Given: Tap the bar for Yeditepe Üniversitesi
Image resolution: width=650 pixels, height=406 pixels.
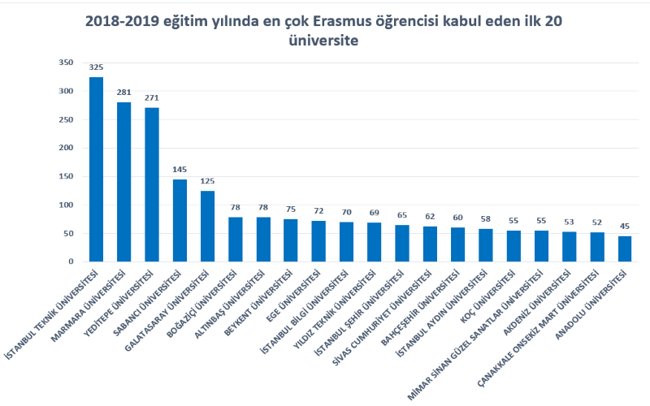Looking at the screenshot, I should [x=151, y=184].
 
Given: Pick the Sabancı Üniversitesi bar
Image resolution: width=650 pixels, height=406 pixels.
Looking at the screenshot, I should [x=180, y=220].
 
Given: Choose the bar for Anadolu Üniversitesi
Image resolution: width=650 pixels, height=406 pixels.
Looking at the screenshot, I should [x=624, y=248].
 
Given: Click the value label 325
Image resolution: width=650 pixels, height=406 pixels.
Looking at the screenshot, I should [x=96, y=67].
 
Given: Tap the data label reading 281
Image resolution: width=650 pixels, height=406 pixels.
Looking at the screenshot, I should [x=123, y=93].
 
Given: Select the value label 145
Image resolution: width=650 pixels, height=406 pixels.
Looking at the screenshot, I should [x=180, y=170].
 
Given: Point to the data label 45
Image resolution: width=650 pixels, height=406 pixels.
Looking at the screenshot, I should [x=624, y=227].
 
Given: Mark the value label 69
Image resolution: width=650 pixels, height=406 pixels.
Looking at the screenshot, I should [x=374, y=213].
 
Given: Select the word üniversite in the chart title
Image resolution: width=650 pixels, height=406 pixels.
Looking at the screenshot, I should [x=323, y=40].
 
